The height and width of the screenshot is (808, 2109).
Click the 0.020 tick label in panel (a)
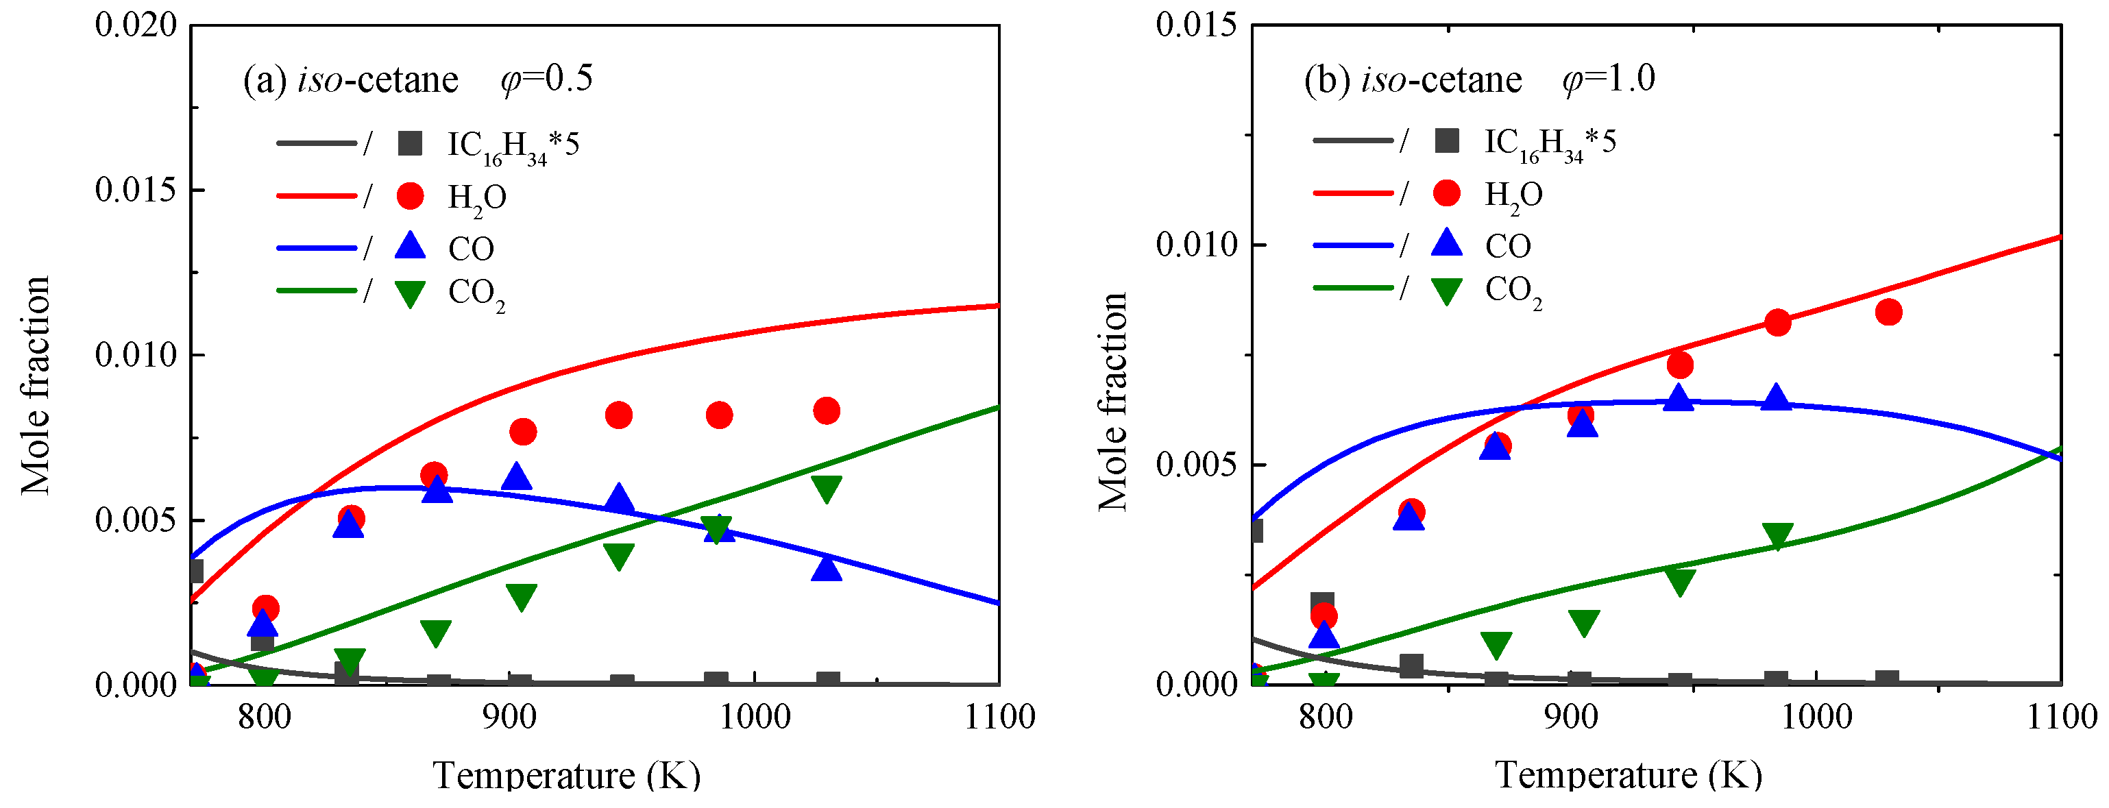136,25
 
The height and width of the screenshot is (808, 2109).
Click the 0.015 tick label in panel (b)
1196,25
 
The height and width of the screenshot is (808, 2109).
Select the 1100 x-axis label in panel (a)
999,717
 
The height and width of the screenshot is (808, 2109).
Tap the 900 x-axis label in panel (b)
1571,717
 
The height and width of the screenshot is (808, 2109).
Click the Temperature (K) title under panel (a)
567,774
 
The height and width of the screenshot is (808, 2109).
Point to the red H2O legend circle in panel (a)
410,195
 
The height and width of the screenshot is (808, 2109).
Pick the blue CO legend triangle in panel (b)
1447,243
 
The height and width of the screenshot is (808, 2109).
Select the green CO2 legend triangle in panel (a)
410,294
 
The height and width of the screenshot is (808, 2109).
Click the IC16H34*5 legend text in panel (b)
1550,143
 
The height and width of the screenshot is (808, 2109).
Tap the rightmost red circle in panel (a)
826,410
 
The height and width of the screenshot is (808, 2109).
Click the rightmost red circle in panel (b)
1888,312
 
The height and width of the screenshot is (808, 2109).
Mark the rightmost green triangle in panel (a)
826,489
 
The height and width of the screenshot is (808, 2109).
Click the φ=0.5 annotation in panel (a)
546,79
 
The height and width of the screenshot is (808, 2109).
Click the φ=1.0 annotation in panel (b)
1608,79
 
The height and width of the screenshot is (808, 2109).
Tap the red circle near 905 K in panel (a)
522,432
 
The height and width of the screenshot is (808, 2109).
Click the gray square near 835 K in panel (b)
1411,665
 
